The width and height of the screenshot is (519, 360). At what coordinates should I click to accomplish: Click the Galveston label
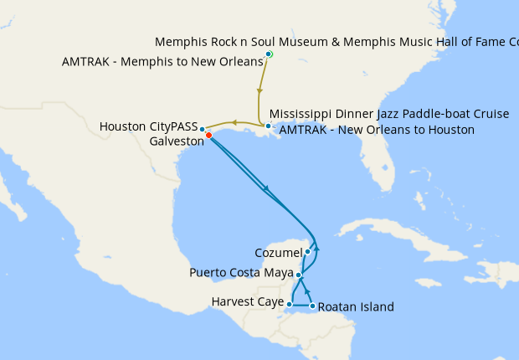177,141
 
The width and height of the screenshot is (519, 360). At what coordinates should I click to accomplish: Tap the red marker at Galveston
208,135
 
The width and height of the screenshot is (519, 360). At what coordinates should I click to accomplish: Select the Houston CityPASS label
148,126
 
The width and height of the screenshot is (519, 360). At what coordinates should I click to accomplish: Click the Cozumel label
278,252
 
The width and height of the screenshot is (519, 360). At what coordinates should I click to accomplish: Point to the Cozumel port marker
307,251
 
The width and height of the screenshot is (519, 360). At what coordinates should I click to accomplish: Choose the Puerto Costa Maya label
242,273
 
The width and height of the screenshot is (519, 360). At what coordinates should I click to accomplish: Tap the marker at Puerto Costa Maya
299,274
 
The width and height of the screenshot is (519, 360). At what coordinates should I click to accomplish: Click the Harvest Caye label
247,301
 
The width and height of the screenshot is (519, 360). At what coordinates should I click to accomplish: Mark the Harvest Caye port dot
289,304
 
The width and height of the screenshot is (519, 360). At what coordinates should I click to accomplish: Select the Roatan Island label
356,307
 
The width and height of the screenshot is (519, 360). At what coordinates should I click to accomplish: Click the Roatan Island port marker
312,306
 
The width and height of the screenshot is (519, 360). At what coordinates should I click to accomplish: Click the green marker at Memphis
269,54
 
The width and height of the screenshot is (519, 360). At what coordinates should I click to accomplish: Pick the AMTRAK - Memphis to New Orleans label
162,61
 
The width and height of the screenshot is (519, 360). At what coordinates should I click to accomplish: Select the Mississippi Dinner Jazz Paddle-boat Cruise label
389,114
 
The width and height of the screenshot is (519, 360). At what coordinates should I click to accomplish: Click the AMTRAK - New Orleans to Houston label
376,130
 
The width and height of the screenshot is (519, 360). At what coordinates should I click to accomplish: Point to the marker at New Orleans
267,126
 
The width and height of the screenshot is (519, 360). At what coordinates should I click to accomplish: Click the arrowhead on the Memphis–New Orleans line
260,90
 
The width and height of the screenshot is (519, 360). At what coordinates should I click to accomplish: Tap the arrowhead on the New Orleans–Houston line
235,123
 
